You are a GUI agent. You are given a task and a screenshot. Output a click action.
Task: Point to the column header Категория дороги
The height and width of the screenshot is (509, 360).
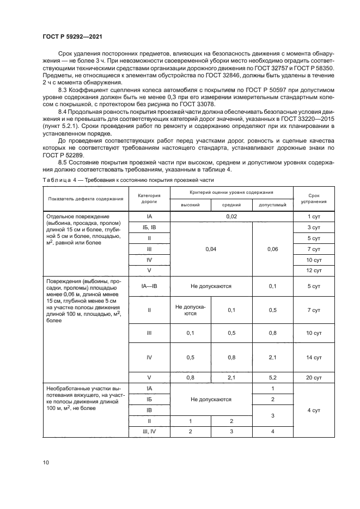(x=149, y=198)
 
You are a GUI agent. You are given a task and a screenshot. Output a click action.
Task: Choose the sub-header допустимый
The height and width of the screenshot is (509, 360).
(x=272, y=205)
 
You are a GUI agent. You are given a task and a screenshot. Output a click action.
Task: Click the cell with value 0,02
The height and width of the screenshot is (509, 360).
(x=231, y=217)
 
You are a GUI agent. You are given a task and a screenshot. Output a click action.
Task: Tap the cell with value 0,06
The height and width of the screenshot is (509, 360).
(x=272, y=249)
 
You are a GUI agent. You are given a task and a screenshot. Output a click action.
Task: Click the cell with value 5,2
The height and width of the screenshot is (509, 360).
(x=272, y=377)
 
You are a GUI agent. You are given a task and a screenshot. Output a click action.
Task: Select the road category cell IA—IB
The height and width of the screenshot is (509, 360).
(x=149, y=286)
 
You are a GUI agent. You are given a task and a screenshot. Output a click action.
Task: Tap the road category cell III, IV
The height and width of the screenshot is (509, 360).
(x=149, y=431)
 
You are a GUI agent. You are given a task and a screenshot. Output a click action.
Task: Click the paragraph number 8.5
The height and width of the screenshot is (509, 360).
(x=64, y=162)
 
